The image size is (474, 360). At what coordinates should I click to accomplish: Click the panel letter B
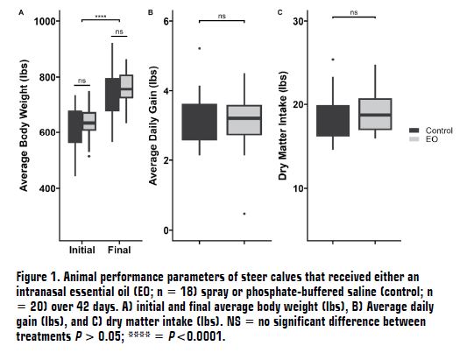(152, 12)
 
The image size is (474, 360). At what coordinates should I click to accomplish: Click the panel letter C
(280, 12)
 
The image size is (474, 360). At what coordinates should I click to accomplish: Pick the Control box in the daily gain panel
(199, 122)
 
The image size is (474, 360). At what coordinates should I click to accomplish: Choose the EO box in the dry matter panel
(374, 114)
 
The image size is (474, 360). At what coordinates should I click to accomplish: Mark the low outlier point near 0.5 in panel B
(244, 213)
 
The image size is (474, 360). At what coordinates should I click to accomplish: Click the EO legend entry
(431, 139)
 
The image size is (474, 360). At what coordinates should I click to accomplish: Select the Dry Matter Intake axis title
(282, 128)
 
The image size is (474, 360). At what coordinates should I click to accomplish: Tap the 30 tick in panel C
(297, 21)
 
